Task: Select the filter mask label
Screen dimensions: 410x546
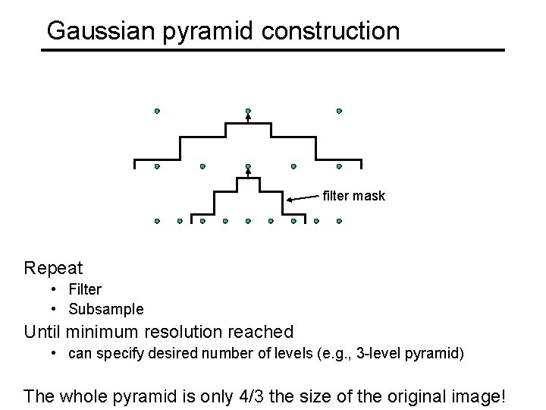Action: click(x=354, y=196)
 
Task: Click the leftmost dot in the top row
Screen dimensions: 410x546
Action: click(x=157, y=111)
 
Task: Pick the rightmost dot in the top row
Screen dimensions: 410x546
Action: click(x=339, y=111)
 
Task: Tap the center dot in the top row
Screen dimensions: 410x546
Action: click(x=248, y=111)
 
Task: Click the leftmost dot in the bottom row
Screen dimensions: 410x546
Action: click(x=157, y=222)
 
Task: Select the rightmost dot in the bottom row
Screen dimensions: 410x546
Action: click(x=339, y=222)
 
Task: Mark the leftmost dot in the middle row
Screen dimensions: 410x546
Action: click(x=157, y=166)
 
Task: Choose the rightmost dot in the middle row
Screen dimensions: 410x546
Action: click(x=339, y=166)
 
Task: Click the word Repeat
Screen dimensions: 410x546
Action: click(x=53, y=268)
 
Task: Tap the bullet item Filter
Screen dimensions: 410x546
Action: click(x=85, y=289)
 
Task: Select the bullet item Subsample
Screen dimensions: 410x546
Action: click(x=105, y=309)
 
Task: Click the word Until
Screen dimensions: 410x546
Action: click(x=42, y=332)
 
